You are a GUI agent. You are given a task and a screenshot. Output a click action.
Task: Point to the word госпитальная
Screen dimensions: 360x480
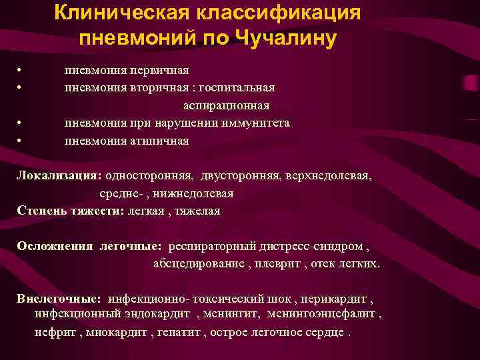[233, 88]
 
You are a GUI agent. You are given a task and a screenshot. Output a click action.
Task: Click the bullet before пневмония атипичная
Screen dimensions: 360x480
[21, 141]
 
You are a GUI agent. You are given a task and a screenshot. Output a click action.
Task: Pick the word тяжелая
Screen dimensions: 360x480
[197, 211]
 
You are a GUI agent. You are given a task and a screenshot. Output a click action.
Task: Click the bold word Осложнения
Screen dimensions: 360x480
[55, 246]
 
